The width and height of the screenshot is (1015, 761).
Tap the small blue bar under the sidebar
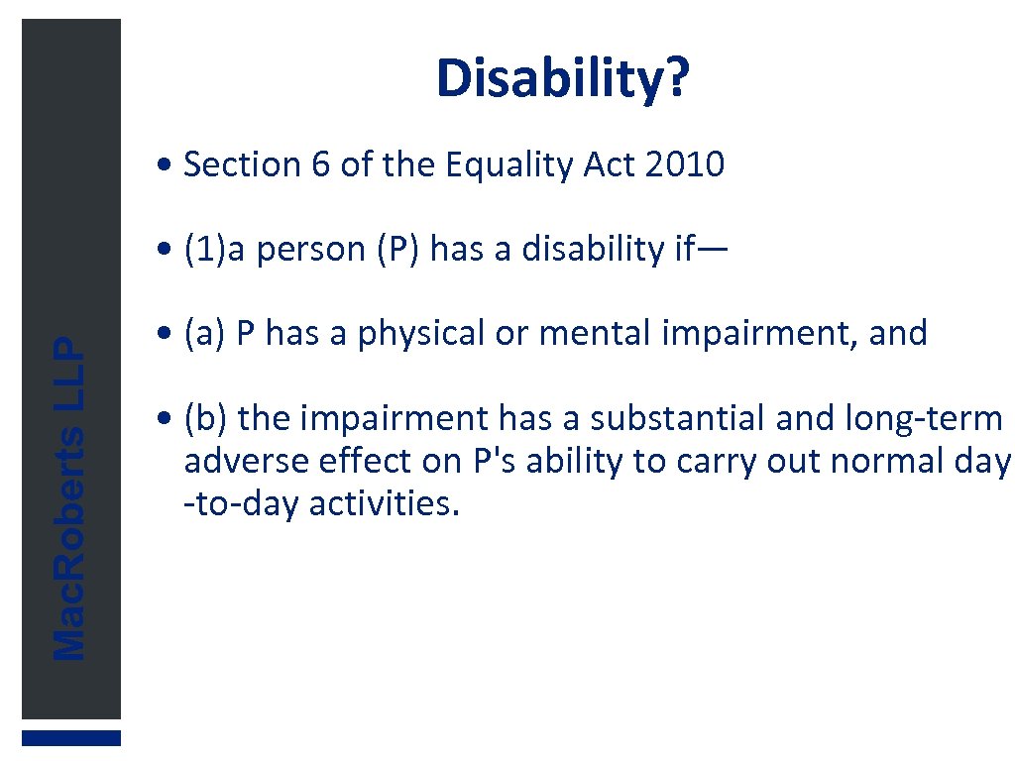pyautogui.click(x=71, y=738)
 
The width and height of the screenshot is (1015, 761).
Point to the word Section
pyautogui.click(x=243, y=164)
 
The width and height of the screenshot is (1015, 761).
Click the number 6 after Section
pyautogui.click(x=320, y=164)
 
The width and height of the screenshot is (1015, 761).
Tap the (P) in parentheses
pyautogui.click(x=398, y=250)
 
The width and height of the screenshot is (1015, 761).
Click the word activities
pyautogui.click(x=385, y=504)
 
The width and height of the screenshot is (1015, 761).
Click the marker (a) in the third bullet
pyautogui.click(x=206, y=334)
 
